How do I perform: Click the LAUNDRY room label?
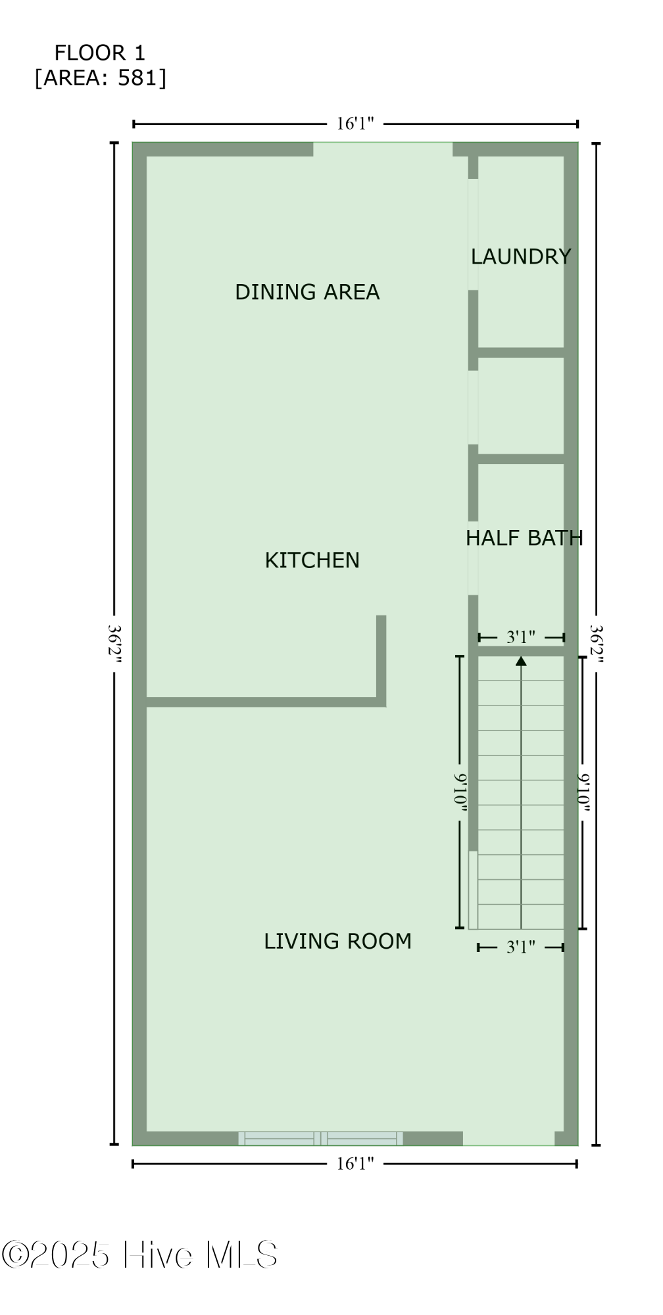[520, 256]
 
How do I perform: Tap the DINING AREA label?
[307, 292]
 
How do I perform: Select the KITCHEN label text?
[312, 560]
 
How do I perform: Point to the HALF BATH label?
[524, 538]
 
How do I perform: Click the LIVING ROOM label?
[337, 941]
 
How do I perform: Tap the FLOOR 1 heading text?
[99, 53]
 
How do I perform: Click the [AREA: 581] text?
[101, 78]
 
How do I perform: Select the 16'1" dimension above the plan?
[355, 124]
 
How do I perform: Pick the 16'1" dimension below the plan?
[355, 1164]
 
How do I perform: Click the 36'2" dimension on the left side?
[115, 644]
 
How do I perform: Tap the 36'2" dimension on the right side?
[596, 644]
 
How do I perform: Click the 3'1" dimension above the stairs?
[520, 637]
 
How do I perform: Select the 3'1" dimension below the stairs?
[520, 947]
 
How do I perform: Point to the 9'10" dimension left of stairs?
[460, 792]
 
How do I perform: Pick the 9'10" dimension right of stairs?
[583, 792]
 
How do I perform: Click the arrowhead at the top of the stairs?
[521, 661]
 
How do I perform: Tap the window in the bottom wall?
[320, 1138]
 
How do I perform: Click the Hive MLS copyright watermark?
[139, 1255]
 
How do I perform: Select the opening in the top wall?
[383, 149]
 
